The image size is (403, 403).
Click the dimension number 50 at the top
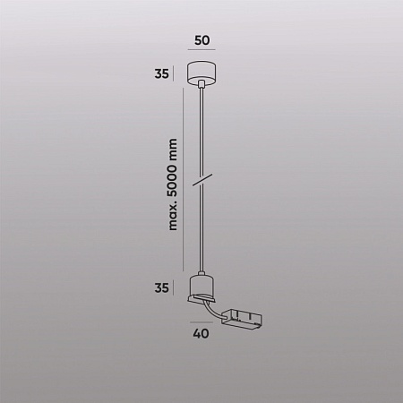point(201,40)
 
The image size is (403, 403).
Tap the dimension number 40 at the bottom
point(201,335)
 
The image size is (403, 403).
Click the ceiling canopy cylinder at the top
point(201,73)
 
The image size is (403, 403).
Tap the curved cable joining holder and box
point(216,311)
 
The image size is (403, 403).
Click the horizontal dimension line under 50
point(201,54)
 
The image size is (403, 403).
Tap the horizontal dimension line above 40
point(201,322)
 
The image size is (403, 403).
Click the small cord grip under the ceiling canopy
point(201,86)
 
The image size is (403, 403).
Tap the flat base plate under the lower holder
point(202,301)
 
